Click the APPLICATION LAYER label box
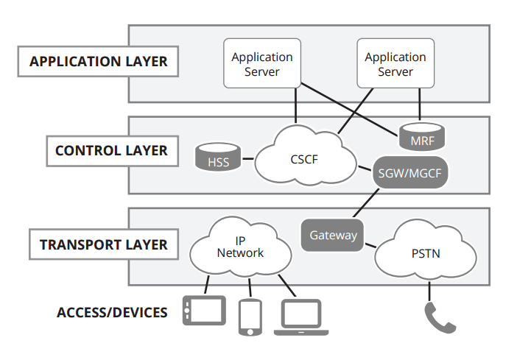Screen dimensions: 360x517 click(x=98, y=62)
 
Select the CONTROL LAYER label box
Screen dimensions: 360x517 click(x=110, y=151)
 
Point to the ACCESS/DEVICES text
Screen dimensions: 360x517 click(x=112, y=313)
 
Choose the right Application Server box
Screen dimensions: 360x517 click(x=395, y=64)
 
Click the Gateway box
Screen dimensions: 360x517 click(x=333, y=235)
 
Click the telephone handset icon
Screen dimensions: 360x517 click(x=440, y=317)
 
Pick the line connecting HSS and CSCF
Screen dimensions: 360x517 click(x=247, y=158)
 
